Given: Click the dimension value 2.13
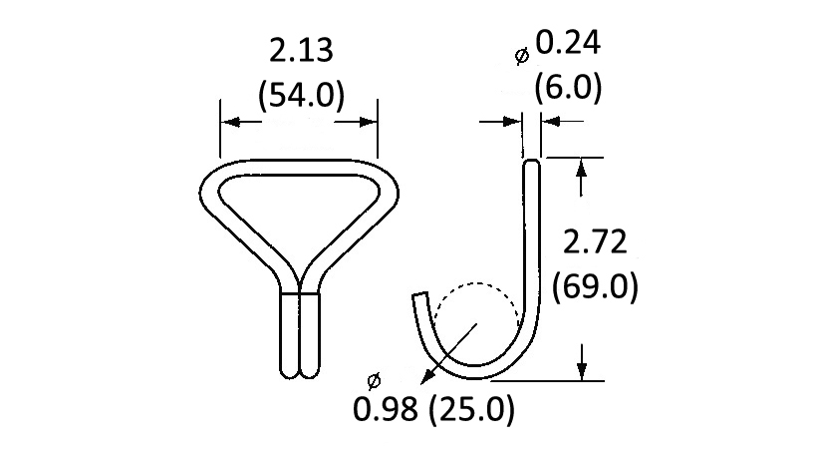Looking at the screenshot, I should (x=300, y=51).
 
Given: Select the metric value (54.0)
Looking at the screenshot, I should (x=300, y=96).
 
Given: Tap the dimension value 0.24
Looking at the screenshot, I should (x=569, y=43).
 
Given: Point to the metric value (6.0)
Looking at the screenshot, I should (x=568, y=88).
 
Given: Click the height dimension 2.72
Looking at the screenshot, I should (x=594, y=242).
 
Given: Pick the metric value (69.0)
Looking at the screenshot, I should (x=595, y=286).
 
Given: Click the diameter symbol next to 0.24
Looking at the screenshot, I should (x=522, y=57).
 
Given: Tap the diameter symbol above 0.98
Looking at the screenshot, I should (x=375, y=380).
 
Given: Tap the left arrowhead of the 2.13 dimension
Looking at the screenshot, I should (x=228, y=122).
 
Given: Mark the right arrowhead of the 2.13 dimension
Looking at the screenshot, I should (x=370, y=122).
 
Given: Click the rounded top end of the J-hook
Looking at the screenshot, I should (x=532, y=163).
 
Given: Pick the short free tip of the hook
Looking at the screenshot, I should (x=419, y=298).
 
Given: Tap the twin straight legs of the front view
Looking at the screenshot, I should (x=299, y=334).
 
